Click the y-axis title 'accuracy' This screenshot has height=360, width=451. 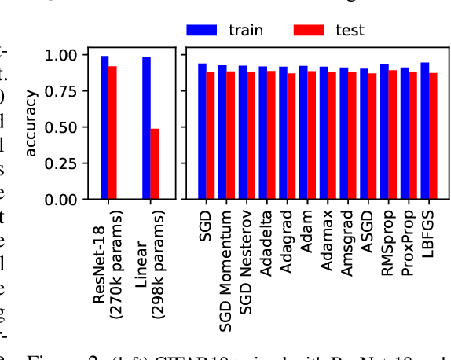point(31,123)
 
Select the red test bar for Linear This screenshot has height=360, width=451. point(155,163)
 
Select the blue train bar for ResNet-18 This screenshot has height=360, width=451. point(104,127)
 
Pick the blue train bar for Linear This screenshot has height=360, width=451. point(146,128)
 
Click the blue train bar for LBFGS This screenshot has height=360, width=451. point(425,131)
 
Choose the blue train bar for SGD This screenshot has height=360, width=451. point(202,131)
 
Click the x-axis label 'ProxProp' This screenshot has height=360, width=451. point(407,241)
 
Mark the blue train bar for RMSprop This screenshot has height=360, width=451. point(384,131)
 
